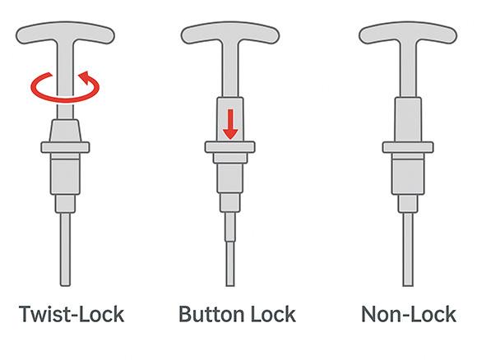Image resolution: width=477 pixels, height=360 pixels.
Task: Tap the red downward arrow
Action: (230, 124)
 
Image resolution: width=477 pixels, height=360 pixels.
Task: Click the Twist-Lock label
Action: (72, 314)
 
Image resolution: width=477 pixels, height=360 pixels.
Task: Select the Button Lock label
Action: (237, 314)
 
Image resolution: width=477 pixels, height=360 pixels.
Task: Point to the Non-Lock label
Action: (409, 314)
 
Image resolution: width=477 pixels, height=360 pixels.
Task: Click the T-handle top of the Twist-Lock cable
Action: (65, 33)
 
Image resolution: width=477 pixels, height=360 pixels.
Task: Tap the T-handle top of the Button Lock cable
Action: (230, 33)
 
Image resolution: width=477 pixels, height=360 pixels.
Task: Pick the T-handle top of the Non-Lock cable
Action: (408, 33)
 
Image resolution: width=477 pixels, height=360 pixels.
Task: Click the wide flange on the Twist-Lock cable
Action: (65, 147)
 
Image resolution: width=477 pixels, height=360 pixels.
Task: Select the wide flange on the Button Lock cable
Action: (230, 147)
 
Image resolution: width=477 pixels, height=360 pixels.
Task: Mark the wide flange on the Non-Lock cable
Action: (408, 147)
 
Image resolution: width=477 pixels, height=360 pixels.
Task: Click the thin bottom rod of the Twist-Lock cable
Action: (65, 249)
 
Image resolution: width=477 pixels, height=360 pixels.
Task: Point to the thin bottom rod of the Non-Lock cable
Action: (408, 249)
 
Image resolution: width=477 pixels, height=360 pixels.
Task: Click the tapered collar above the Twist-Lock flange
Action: (65, 131)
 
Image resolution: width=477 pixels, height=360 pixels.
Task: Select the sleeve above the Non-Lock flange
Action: (408, 119)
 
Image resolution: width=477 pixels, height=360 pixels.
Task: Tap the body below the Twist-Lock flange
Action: (65, 177)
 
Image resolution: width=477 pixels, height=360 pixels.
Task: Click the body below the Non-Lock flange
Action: (408, 177)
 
